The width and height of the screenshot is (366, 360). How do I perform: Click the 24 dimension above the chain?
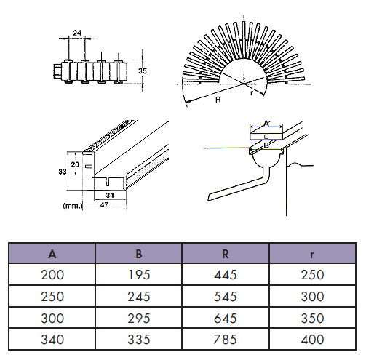coord(77,33)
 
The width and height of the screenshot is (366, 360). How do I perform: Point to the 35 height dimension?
coord(143,71)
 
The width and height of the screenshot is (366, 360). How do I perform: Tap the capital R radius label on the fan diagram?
coord(218,100)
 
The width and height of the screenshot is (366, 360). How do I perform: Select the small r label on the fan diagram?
coord(252,93)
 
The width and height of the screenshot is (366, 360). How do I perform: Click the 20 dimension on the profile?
coord(75,164)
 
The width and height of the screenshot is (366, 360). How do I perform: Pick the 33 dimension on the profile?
coord(63,172)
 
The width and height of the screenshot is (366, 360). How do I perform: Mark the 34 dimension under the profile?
coord(110,195)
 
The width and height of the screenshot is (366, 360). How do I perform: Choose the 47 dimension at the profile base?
coord(104,205)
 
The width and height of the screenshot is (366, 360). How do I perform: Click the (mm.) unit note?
coord(73,206)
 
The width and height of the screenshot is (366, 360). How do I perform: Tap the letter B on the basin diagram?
coord(266,145)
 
